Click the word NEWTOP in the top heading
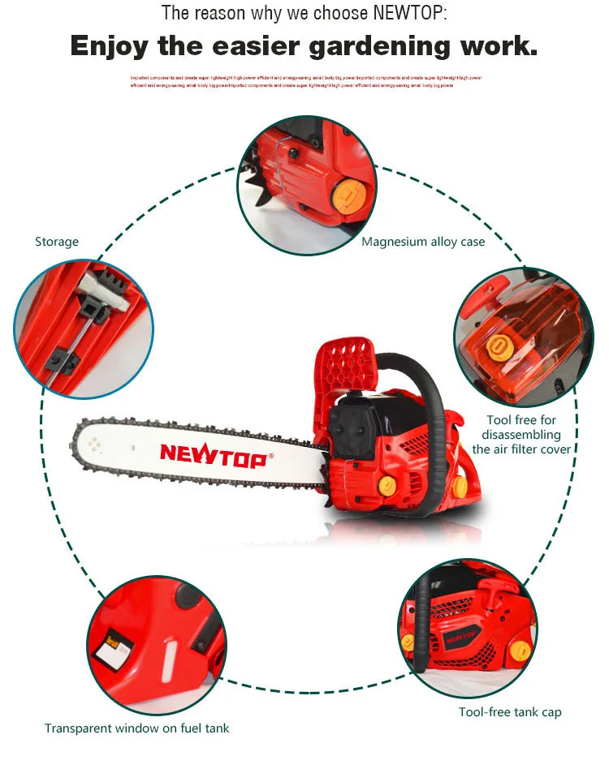408,13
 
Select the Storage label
57,242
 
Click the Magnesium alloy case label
423,242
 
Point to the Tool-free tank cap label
510,712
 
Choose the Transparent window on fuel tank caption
136,728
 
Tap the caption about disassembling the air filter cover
521,435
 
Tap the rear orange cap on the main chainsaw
460,487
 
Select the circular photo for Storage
84,329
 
